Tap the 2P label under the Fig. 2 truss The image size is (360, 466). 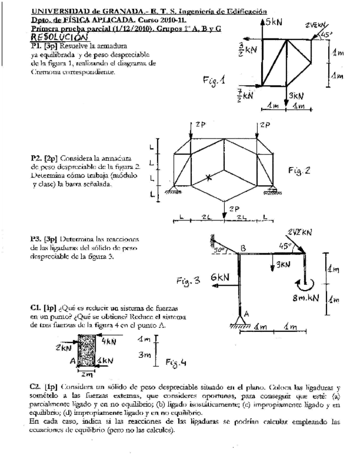pos(234,209)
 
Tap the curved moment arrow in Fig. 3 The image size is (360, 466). pos(305,284)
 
